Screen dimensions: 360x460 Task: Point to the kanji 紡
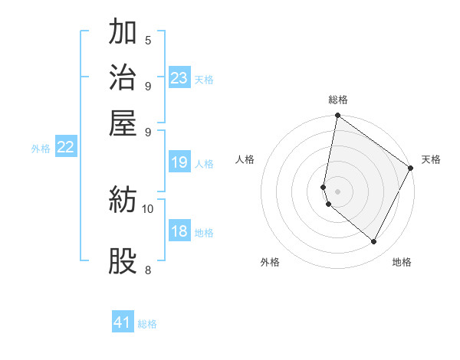coord(123,201)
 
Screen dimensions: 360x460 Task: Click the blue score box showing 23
coord(179,78)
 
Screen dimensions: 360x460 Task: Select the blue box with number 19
coord(179,162)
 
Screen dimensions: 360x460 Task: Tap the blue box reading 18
coord(179,232)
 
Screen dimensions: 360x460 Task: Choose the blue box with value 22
coord(65,148)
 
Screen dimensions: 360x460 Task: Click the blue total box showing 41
coord(123,322)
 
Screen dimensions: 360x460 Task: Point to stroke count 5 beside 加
coord(148,40)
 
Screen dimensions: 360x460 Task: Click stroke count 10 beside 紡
coord(148,208)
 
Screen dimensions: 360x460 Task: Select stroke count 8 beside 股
coord(148,270)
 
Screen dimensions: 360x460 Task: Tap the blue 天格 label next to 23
coord(204,79)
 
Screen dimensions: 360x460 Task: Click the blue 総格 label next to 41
coord(147,324)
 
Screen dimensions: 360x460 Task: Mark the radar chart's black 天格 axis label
coord(431,159)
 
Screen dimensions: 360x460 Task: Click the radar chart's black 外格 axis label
coord(270,262)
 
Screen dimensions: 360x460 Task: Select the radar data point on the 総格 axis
coord(337,116)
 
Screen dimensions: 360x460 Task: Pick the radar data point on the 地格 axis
coord(374,241)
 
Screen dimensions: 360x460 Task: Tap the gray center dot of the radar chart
coord(337,191)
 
